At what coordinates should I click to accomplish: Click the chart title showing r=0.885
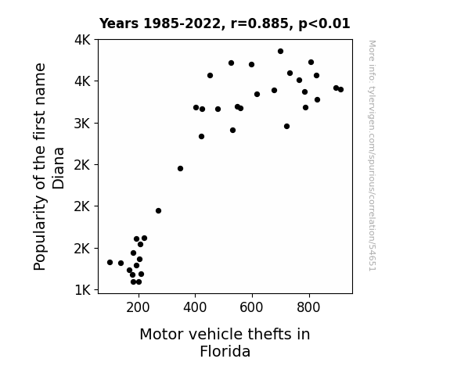[225, 23]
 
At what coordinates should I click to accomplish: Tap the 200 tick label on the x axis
[138, 307]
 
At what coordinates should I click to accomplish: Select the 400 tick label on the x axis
[195, 307]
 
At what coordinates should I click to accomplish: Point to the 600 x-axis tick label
[251, 307]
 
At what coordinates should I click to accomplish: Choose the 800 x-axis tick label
[308, 307]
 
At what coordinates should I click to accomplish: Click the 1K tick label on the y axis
[82, 290]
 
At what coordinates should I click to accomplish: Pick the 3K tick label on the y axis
[82, 124]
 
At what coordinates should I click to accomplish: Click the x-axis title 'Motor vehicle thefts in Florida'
[225, 343]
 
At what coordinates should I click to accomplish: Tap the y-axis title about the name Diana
[49, 167]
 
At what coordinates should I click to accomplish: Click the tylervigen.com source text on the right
[373, 156]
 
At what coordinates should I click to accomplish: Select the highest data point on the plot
[280, 52]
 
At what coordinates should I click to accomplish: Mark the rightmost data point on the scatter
[340, 89]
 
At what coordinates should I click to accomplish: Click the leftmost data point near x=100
[110, 263]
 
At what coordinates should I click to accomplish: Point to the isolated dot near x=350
[180, 169]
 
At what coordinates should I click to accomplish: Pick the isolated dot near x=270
[158, 211]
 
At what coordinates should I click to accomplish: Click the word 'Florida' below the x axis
[225, 351]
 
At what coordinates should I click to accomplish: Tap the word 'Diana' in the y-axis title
[59, 168]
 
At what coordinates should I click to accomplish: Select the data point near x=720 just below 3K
[286, 127]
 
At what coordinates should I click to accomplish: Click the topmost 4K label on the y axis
[82, 40]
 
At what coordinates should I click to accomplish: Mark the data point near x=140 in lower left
[121, 264]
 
